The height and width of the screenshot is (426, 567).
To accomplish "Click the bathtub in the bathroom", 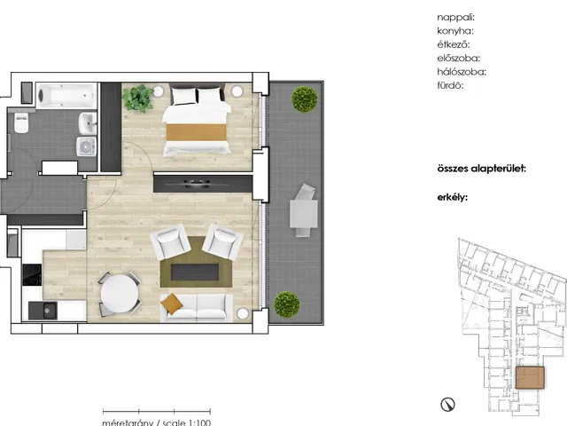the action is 66,96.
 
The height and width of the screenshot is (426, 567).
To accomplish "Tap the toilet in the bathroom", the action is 21,122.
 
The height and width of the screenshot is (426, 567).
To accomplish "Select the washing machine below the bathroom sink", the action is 87,146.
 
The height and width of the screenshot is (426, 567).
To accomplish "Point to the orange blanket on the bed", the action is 197,132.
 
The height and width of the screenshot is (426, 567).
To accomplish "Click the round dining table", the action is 120,293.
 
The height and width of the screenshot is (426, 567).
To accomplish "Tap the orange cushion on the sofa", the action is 171,304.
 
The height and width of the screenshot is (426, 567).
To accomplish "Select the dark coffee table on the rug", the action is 195,272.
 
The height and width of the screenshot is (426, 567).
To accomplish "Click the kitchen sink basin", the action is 47,311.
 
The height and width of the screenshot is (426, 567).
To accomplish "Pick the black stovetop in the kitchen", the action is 32,275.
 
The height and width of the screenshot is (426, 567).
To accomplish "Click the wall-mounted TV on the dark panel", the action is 197,184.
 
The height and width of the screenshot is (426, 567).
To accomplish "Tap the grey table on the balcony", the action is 303,214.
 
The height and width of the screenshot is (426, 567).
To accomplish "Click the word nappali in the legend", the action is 455,18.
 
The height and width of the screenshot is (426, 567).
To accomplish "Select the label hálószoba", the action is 462,72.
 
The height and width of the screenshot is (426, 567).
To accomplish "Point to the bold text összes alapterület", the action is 481,169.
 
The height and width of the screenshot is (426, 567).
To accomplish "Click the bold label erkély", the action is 453,197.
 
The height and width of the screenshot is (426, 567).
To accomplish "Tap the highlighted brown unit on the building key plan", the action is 530,377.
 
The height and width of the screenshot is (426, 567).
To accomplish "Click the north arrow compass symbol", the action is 447,405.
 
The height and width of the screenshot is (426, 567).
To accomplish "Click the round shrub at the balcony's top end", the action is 305,99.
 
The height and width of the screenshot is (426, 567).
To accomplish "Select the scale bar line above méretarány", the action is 157,411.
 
